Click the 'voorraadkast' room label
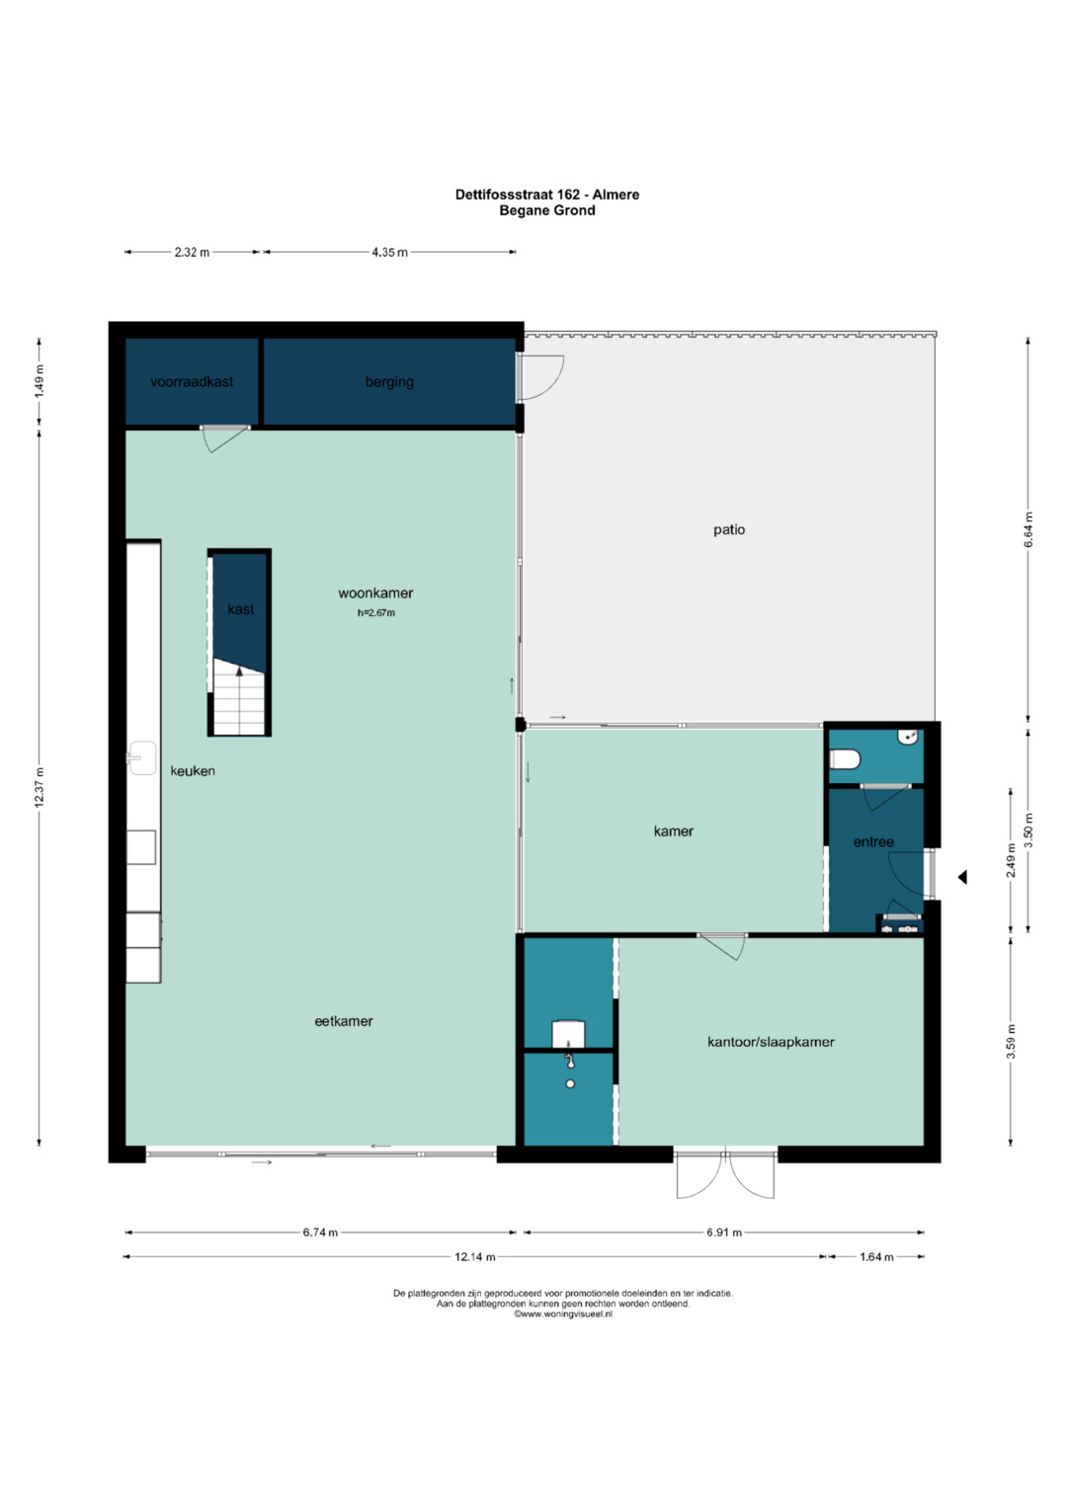pos(192,382)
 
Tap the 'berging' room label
pos(389,382)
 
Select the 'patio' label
pos(729,530)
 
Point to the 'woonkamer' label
pos(375,594)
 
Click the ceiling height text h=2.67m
pos(375,613)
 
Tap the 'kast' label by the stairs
pos(240,609)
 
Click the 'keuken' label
pos(193,771)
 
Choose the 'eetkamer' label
pos(344,1022)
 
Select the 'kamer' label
pos(674,832)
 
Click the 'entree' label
pos(873,842)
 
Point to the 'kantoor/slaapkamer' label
pos(771,1042)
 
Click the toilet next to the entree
pos(845,759)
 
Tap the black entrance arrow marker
pos(962,877)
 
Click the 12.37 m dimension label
pos(41,787)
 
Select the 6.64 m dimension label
pos(1028,529)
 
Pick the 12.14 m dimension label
pos(475,1257)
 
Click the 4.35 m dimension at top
pos(389,253)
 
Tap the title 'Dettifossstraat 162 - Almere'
pos(546,195)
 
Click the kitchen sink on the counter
pos(142,758)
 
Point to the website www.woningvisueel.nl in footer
pos(563,1314)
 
